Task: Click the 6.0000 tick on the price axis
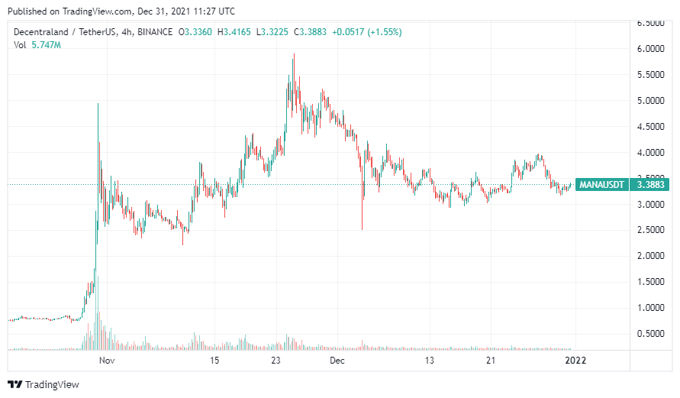click(x=651, y=49)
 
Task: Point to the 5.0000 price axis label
click(x=651, y=101)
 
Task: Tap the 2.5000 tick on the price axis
click(x=651, y=230)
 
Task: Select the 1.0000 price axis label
click(x=651, y=308)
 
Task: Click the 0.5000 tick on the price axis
click(x=651, y=334)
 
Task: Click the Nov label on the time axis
click(x=107, y=361)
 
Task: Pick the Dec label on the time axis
click(x=337, y=361)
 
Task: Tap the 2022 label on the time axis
click(x=574, y=361)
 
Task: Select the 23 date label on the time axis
click(x=278, y=361)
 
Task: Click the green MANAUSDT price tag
click(x=602, y=184)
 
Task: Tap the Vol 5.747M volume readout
click(x=38, y=46)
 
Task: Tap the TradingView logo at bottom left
click(x=44, y=384)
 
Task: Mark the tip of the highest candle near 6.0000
click(x=294, y=54)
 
